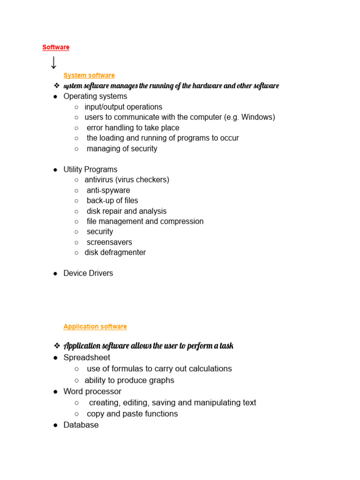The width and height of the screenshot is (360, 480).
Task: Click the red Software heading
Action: [56, 47]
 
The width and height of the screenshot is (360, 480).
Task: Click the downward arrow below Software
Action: [53, 63]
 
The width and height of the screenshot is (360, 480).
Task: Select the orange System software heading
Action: [89, 75]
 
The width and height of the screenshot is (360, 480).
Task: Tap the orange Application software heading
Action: [95, 327]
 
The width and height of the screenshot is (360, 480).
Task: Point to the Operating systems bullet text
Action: [95, 97]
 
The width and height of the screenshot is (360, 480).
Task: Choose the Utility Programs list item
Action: [90, 169]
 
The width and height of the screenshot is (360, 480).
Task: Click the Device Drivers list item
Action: [88, 273]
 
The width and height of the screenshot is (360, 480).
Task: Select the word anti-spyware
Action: [108, 190]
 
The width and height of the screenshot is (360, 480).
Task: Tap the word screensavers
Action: [109, 242]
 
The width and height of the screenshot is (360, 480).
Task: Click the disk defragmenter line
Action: [115, 253]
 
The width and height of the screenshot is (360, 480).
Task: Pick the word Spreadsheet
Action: [87, 358]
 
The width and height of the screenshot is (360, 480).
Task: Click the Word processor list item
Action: [92, 391]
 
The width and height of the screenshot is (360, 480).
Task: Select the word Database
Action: [81, 425]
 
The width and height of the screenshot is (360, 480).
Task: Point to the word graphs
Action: [161, 380]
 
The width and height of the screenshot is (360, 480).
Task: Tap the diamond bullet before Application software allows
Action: [57, 346]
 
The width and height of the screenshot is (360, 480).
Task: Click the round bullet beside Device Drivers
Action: [55, 273]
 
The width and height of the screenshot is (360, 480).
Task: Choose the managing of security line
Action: [122, 149]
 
